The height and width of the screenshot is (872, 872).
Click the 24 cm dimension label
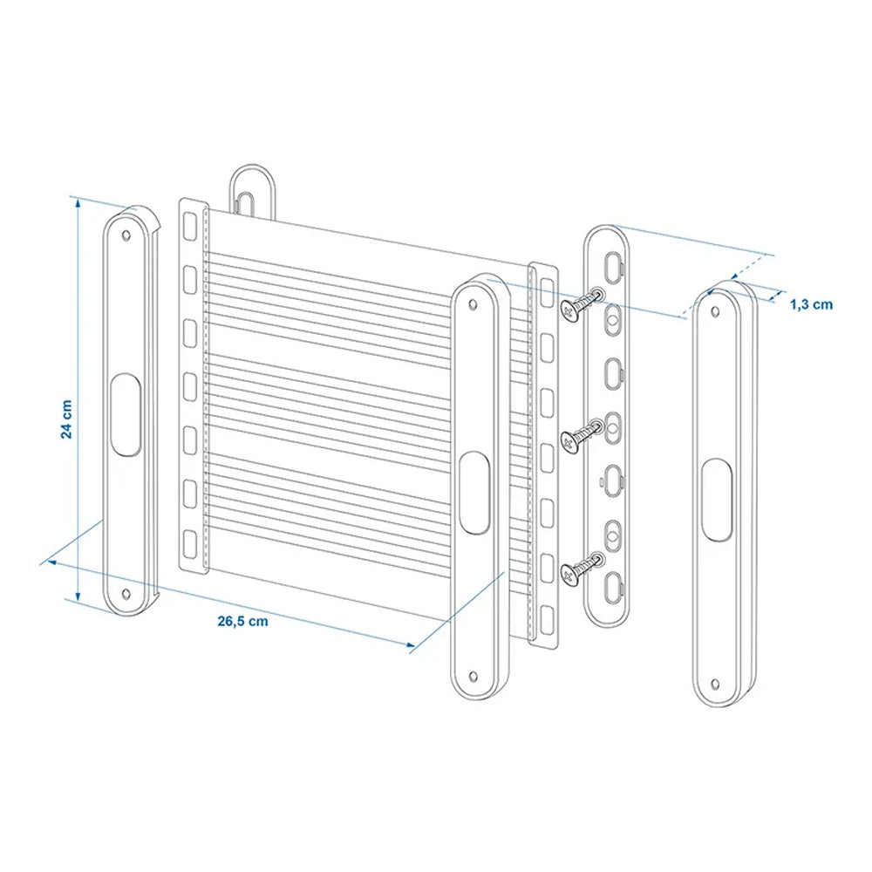click(67, 419)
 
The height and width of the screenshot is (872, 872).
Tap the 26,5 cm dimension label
click(242, 621)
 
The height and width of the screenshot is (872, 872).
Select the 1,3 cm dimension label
click(811, 304)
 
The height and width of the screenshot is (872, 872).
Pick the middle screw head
click(569, 441)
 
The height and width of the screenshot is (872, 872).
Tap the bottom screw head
click(569, 574)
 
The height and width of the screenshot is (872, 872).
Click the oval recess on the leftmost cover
click(126, 415)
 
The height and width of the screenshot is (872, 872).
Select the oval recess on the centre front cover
click(474, 493)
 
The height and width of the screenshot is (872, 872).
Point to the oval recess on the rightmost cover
click(716, 500)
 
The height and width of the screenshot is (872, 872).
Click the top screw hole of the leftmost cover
click(126, 235)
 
